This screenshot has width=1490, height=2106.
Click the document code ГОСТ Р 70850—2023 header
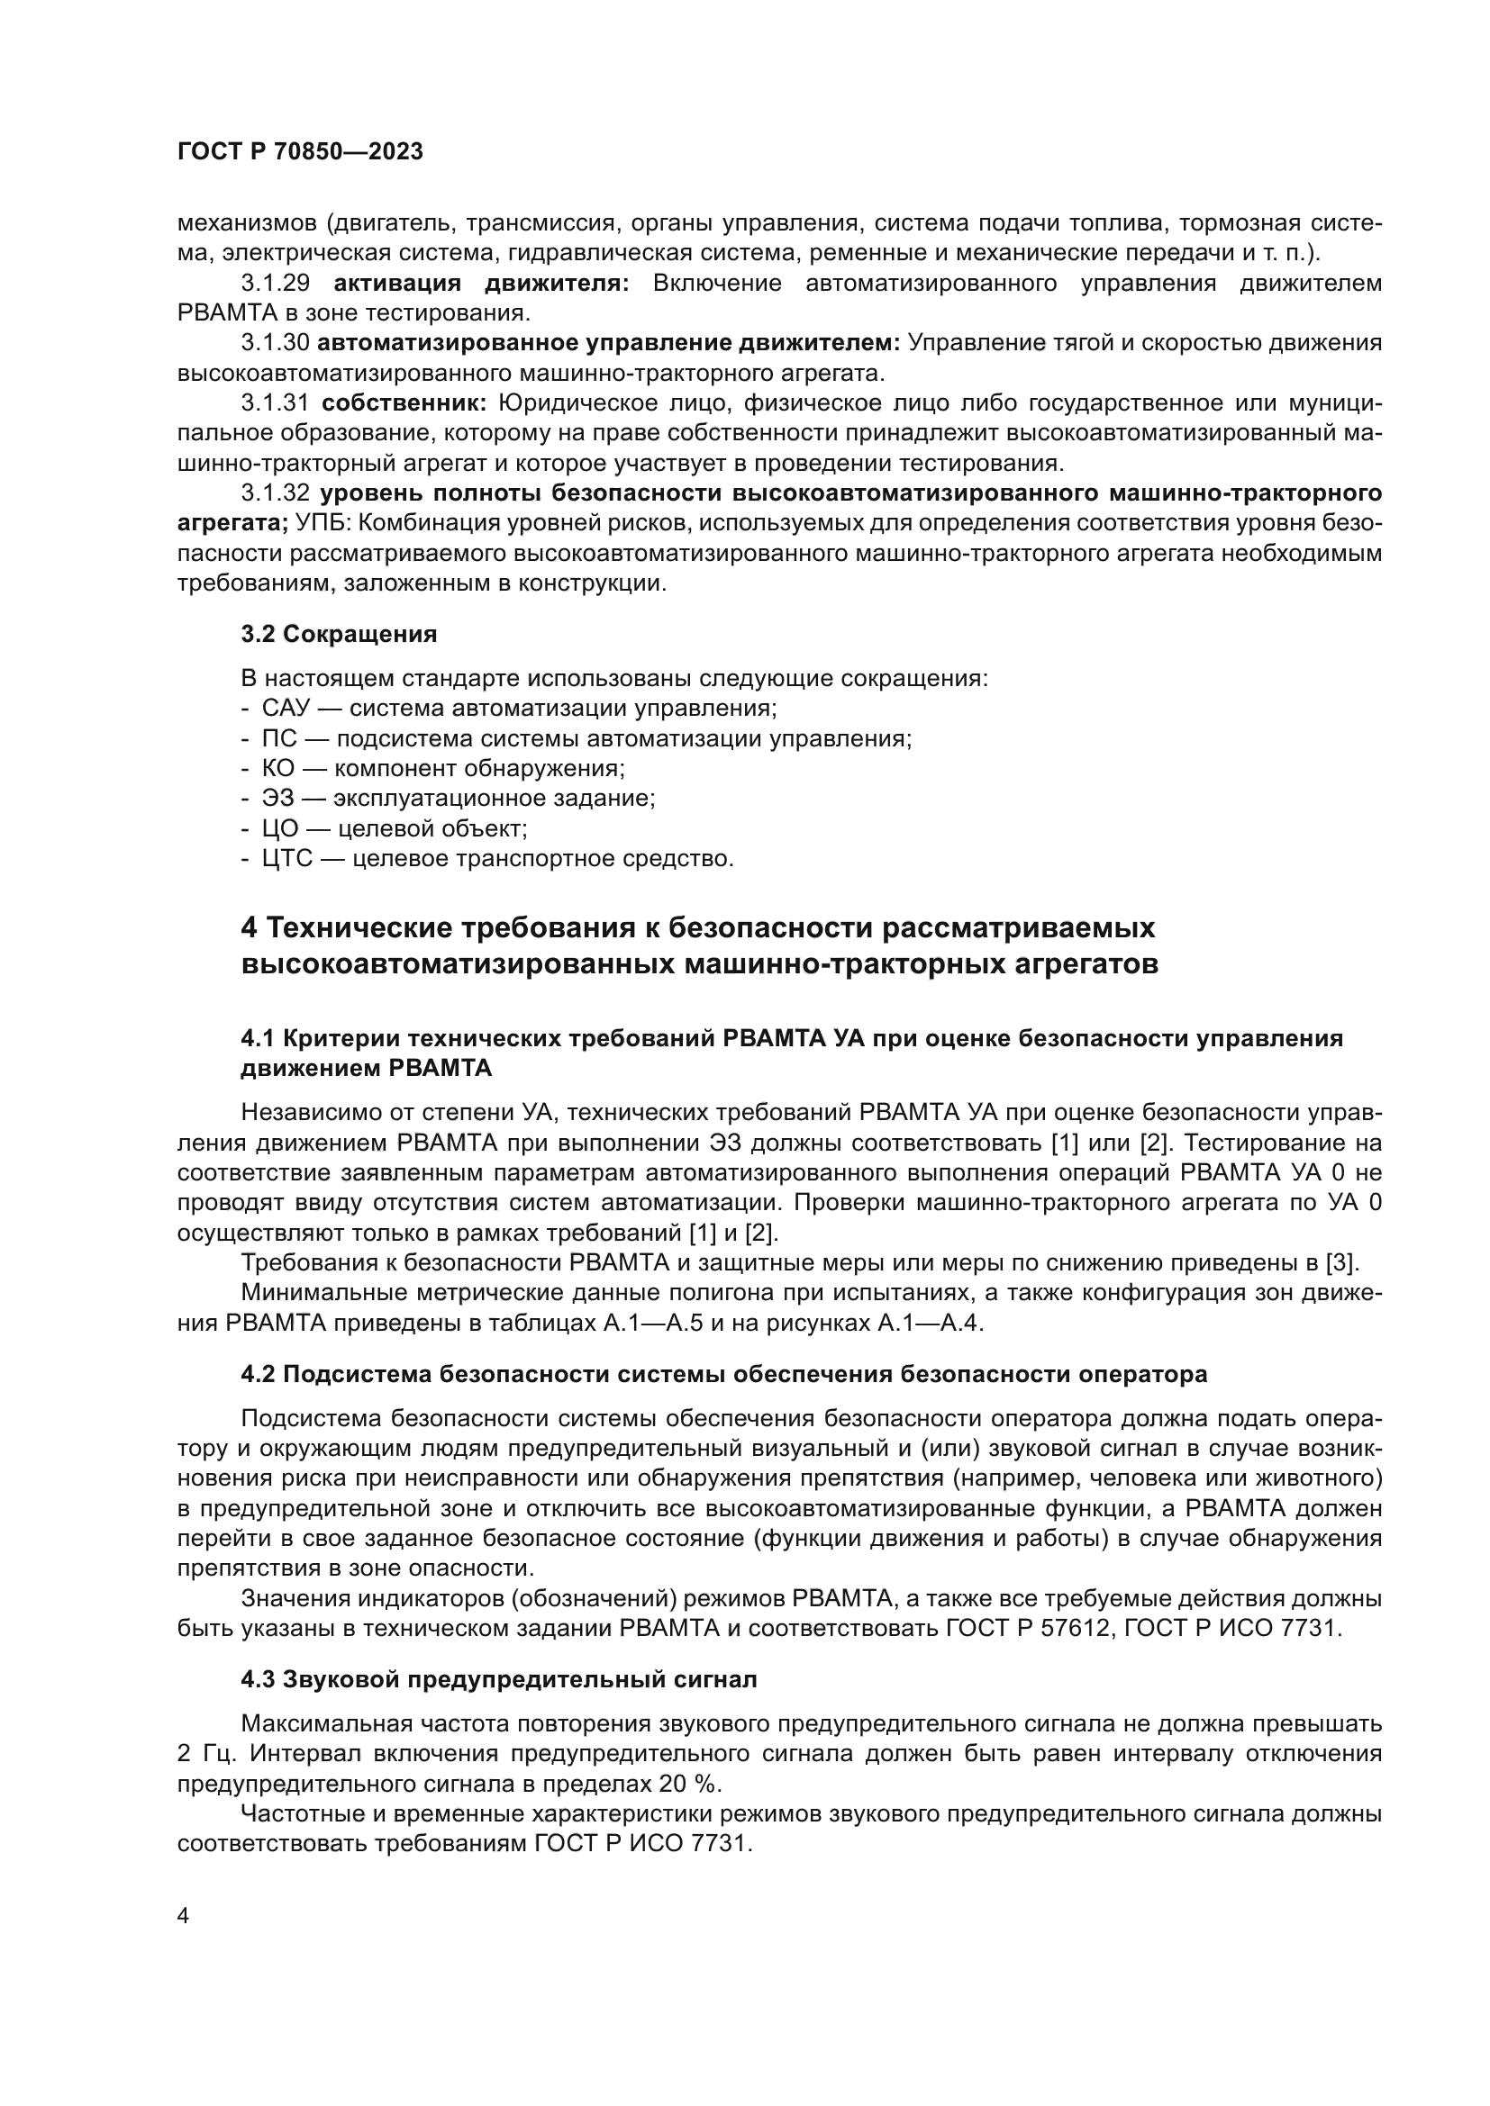click(x=300, y=152)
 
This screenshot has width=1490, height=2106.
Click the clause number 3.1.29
click(x=276, y=284)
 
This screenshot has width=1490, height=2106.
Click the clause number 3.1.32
click(x=276, y=493)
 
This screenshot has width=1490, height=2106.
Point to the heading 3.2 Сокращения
click(x=339, y=634)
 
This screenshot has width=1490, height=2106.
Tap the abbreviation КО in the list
click(x=279, y=769)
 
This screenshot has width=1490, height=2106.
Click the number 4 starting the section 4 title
click(x=249, y=928)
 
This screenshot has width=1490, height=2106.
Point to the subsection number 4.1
click(x=258, y=1038)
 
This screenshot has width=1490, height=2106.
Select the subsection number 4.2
click(x=258, y=1374)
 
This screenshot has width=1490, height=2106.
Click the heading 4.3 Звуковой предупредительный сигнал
click(x=499, y=1679)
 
